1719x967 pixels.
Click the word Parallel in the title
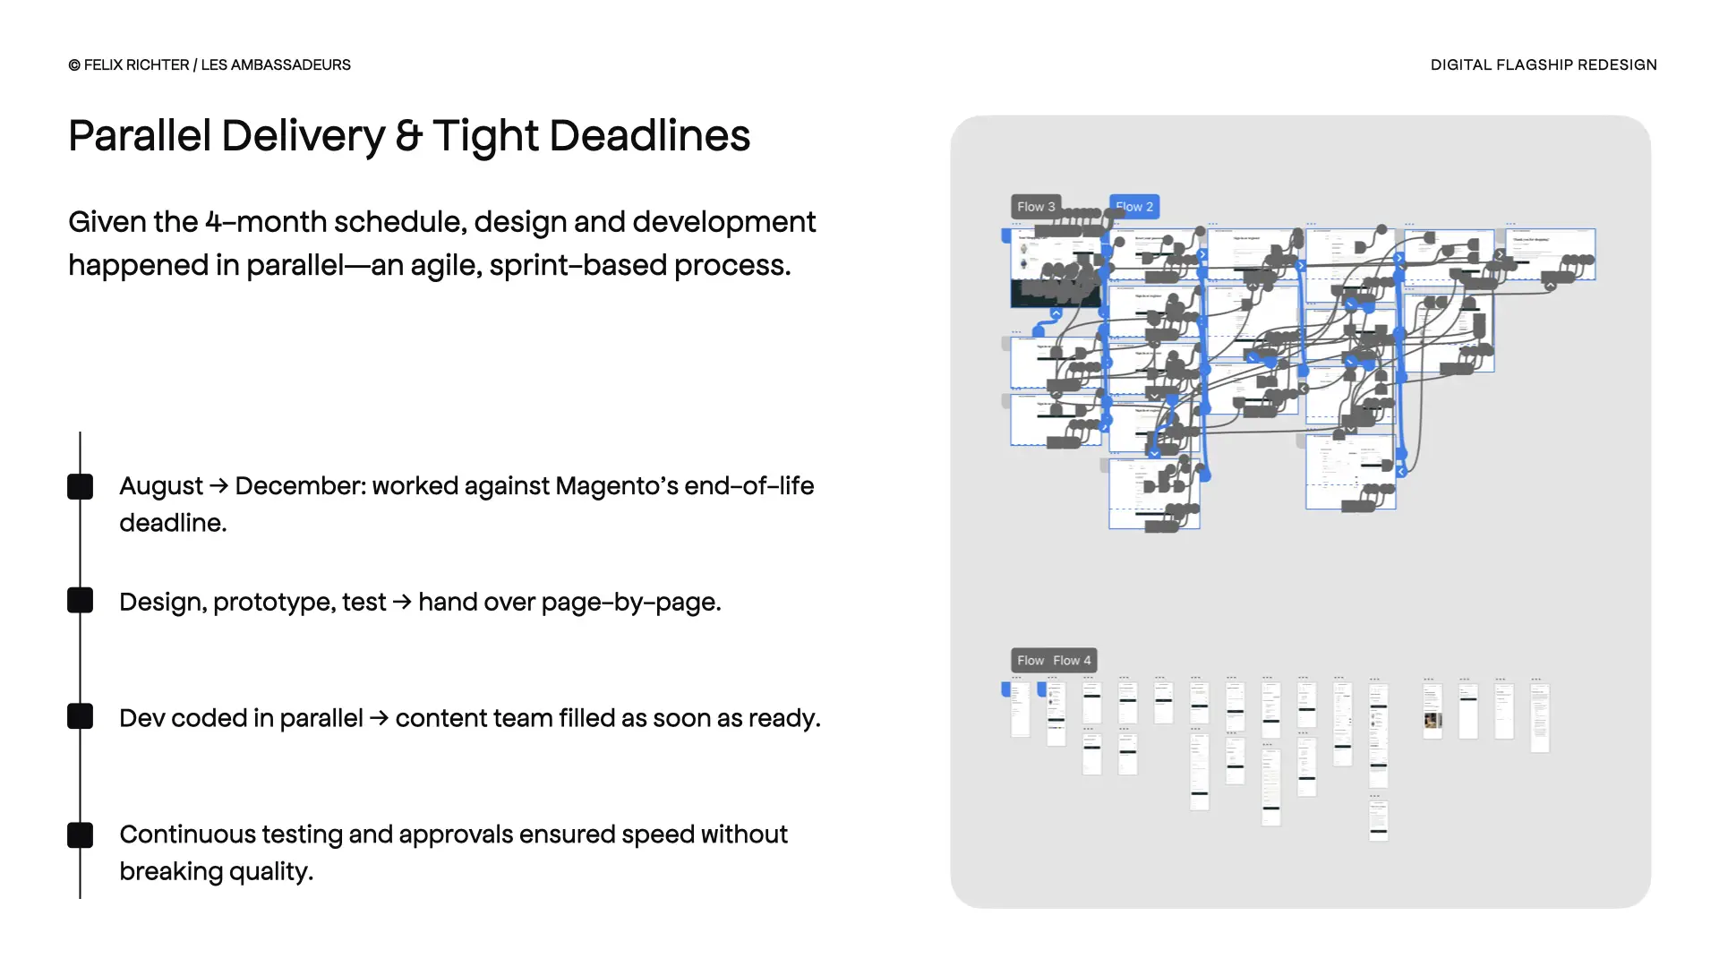point(139,136)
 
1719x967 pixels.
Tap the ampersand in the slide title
point(408,136)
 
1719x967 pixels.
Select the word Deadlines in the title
point(649,136)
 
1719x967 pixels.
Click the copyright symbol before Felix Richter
point(74,65)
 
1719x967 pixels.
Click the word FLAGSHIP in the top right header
point(1522,65)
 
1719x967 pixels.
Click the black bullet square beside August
point(81,486)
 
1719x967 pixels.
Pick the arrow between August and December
point(218,486)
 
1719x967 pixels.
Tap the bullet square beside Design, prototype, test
point(81,601)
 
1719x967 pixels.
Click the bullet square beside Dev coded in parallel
point(81,716)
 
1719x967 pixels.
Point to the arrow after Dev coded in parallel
point(379,718)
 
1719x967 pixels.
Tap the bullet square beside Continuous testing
point(81,834)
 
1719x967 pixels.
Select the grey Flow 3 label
point(1036,207)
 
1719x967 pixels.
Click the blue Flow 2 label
point(1134,207)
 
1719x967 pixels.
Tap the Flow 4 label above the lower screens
point(1073,661)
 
